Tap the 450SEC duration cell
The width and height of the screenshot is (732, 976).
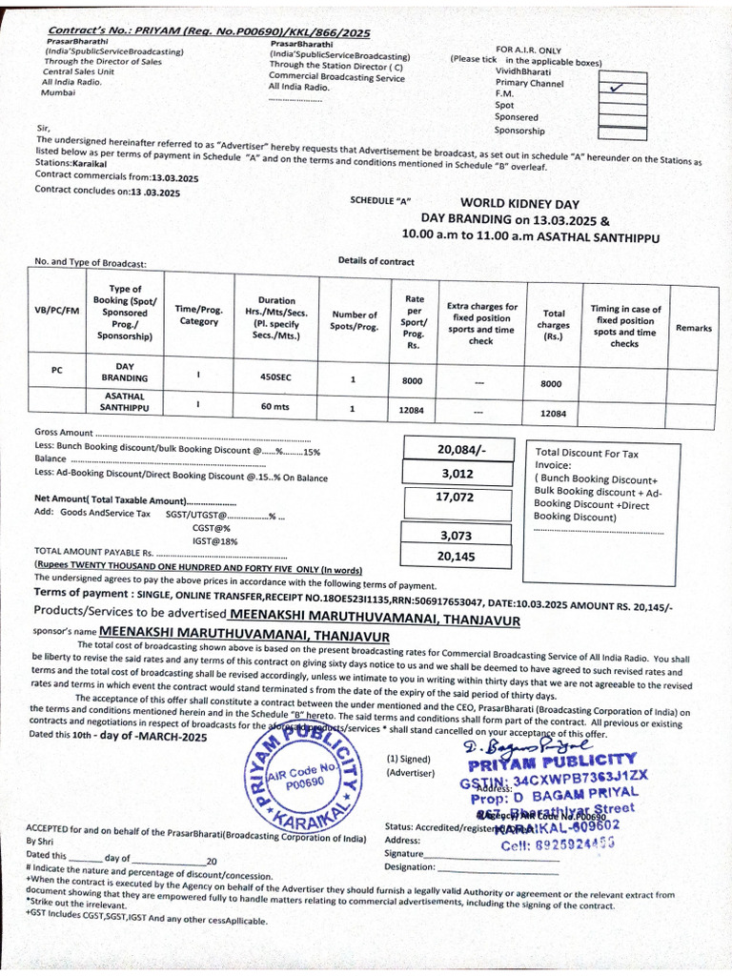(x=276, y=377)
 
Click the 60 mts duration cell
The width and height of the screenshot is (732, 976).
(x=276, y=408)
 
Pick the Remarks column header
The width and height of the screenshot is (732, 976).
(x=693, y=328)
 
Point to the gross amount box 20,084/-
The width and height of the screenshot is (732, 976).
(x=461, y=449)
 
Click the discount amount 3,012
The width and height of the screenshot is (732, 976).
(x=461, y=473)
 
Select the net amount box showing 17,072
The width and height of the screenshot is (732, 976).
(x=455, y=498)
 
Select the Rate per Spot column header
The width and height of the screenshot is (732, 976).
(x=414, y=321)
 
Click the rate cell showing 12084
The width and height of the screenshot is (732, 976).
(x=414, y=409)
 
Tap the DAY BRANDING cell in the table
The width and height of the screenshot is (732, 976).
(x=125, y=372)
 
